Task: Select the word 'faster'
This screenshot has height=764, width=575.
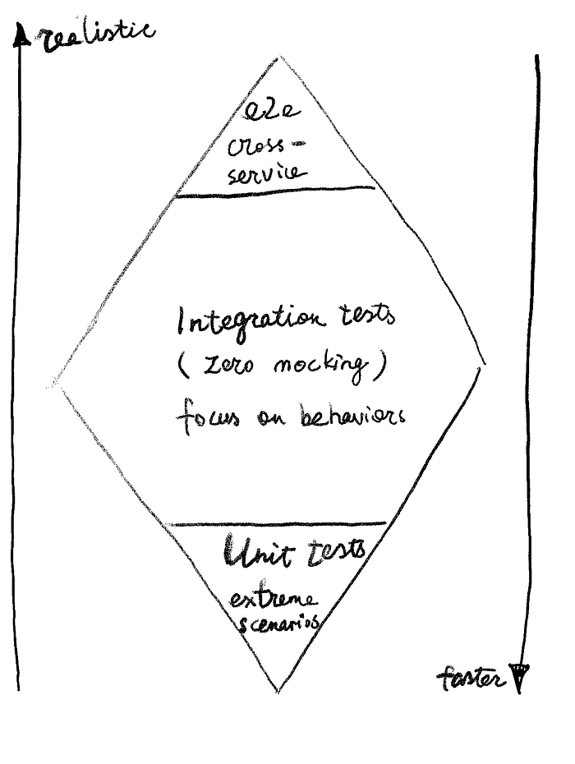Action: click(470, 679)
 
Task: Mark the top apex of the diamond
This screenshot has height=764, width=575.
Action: click(280, 58)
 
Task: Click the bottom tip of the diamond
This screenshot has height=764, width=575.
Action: click(280, 690)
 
